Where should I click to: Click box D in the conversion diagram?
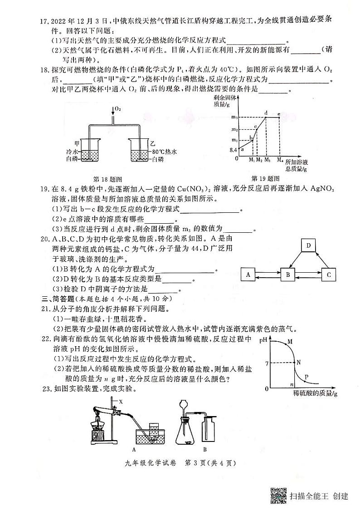click(309, 245)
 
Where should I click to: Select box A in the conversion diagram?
click(248, 275)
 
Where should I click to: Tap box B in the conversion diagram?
click(287, 275)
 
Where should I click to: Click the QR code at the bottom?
click(278, 495)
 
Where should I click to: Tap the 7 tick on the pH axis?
click(268, 363)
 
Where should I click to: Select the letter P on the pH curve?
click(306, 377)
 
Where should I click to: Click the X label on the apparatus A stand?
click(121, 402)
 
